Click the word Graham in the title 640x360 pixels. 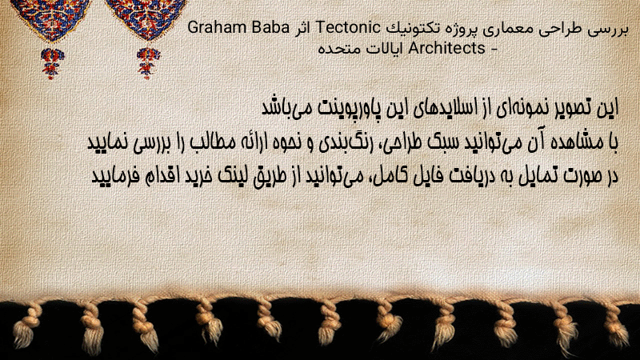217,28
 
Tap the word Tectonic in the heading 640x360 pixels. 348,28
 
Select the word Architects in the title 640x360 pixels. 446,48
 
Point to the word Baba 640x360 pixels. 270,28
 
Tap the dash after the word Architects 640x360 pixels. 494,50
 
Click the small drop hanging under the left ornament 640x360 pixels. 52,62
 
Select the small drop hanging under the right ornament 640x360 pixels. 148,62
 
